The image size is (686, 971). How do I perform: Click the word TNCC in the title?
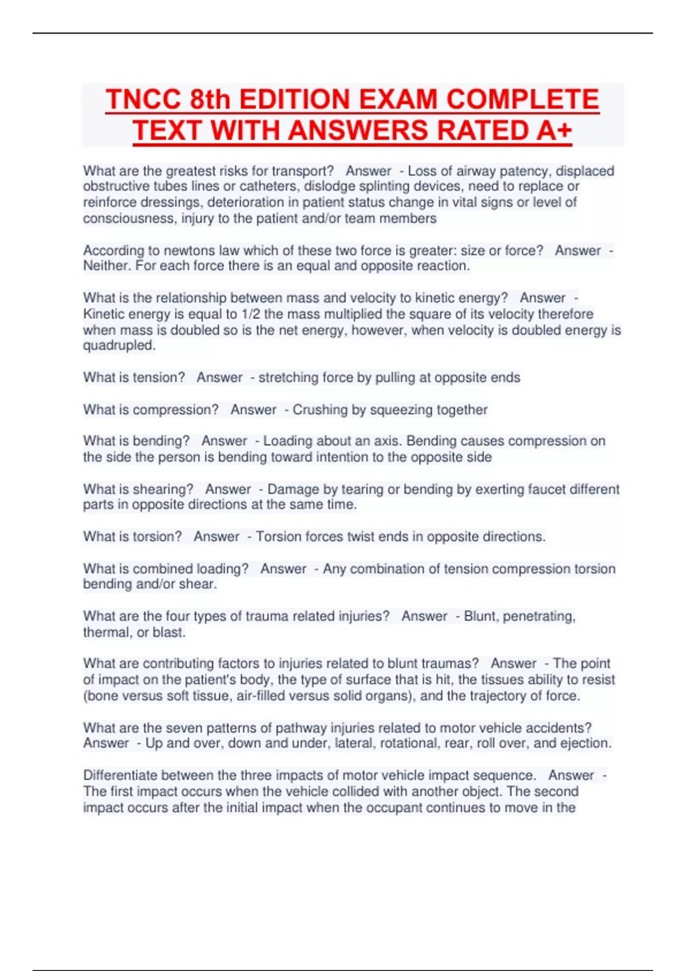tap(143, 99)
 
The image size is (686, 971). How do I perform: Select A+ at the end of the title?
tap(554, 130)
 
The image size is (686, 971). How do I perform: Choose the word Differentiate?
tap(120, 776)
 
